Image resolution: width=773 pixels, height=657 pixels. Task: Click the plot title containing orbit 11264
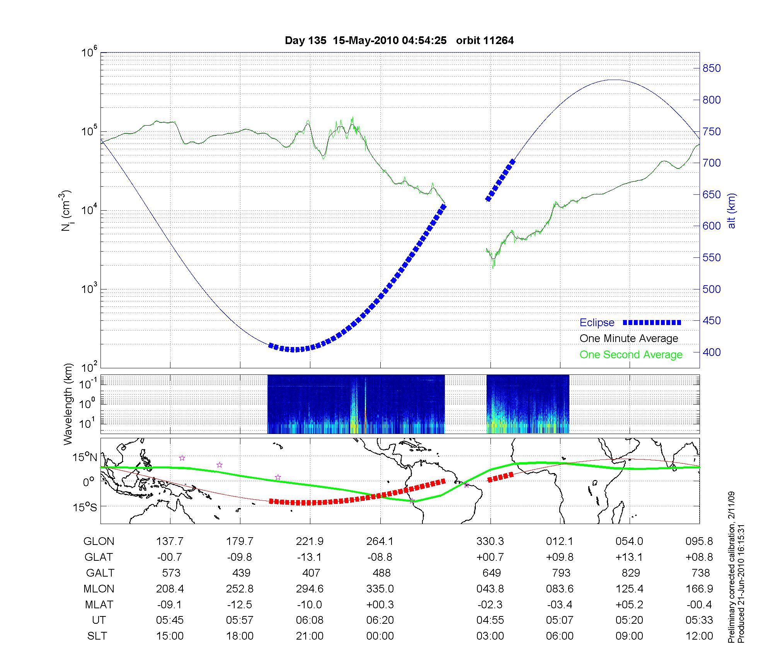coord(399,41)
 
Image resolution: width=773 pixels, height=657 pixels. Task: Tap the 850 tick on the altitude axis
coord(711,68)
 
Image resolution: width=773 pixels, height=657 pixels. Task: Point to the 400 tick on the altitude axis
coord(711,352)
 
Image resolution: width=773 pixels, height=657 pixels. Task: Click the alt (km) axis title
coord(732,211)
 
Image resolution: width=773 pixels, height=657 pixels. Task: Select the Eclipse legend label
coord(597,323)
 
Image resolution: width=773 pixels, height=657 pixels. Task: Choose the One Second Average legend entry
coord(631,355)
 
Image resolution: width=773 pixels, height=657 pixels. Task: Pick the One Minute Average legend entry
coord(629,339)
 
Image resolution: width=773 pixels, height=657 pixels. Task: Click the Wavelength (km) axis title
coord(68,404)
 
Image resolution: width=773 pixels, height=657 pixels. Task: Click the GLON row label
coord(99,541)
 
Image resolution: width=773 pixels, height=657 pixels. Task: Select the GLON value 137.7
coord(170,541)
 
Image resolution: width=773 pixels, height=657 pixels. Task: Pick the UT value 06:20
coord(380,620)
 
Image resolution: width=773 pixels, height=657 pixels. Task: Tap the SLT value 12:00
coord(699,636)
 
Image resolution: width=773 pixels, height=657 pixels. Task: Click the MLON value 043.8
coord(490,589)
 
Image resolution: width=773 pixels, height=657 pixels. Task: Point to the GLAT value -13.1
coord(310,557)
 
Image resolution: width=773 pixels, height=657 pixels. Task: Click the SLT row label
coord(97,636)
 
